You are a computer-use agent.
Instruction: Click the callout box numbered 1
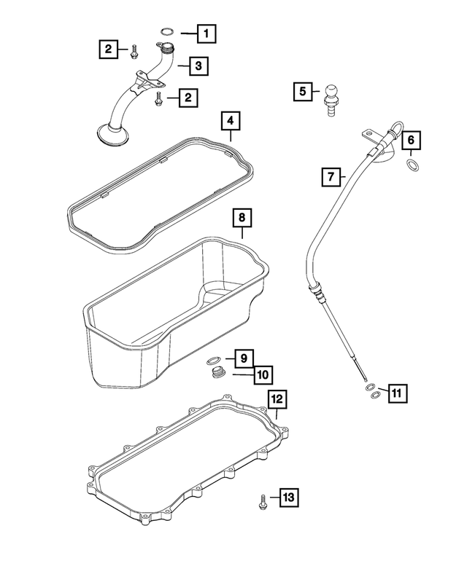coord(207,32)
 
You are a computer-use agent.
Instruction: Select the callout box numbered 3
coord(198,66)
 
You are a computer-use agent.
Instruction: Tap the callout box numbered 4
coord(229,119)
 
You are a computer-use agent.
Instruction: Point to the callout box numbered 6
coord(411,139)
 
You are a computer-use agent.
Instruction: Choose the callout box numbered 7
coord(331,176)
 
